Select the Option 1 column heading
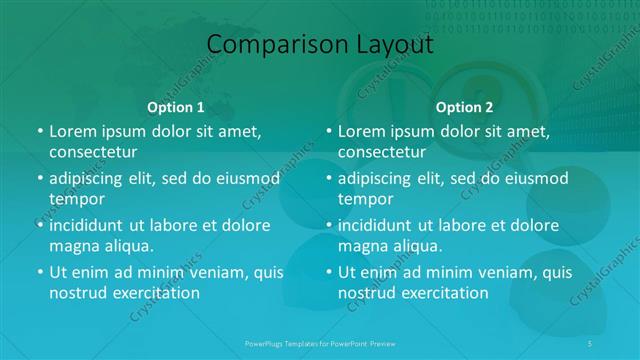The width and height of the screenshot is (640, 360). [176, 107]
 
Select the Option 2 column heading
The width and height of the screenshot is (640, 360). [465, 107]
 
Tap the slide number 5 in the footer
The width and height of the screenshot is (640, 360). [591, 342]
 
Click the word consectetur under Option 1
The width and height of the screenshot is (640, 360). [93, 152]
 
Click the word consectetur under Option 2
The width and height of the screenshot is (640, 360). [382, 152]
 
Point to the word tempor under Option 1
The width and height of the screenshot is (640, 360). [77, 199]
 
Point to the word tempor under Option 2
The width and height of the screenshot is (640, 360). [366, 199]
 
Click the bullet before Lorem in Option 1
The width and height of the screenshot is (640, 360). [39, 132]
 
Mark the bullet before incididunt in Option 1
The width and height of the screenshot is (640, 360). [39, 226]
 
